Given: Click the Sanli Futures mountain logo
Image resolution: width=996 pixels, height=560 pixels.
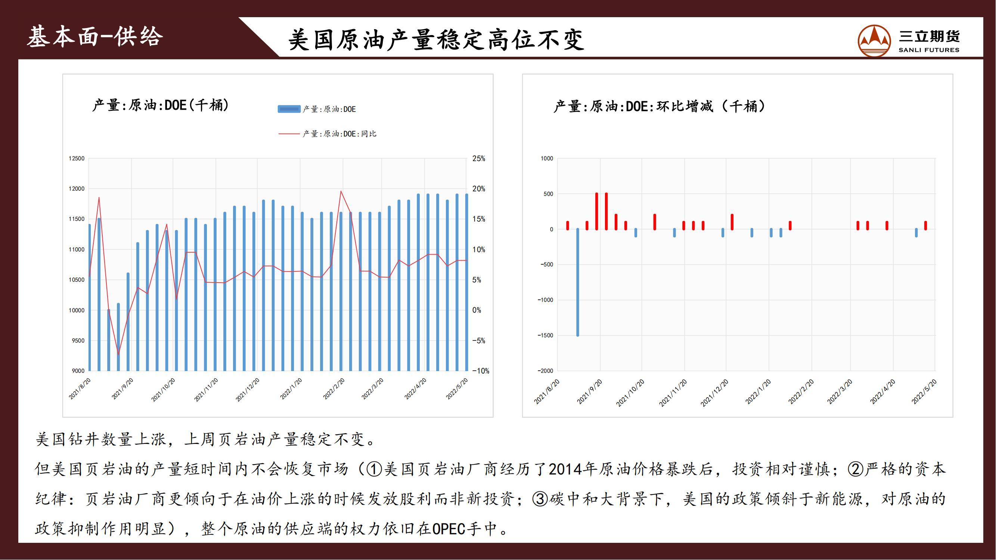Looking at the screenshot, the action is coord(874,41).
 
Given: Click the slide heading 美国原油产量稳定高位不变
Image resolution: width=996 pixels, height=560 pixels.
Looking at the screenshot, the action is coord(436,39).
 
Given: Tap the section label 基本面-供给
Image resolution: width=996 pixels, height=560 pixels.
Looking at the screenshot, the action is coord(95,37).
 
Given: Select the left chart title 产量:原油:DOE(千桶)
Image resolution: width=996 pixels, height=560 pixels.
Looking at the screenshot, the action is coord(161,105).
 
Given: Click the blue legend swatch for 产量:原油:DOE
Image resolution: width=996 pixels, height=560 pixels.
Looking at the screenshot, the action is coord(289,109).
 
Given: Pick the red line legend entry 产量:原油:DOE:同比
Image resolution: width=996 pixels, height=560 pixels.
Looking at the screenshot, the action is coord(327,134).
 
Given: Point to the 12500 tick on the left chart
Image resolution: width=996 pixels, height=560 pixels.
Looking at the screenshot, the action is coord(76,158).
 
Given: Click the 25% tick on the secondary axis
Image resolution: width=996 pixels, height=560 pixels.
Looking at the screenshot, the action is coord(479,158).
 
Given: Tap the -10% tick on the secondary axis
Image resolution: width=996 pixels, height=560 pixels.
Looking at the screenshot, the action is coord(481,371).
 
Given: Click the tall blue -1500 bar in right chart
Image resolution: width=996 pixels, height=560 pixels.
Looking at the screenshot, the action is coord(578,282).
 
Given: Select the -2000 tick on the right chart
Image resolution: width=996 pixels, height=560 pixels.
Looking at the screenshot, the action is coord(545,371).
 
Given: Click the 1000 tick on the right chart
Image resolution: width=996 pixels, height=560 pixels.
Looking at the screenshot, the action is coord(547,158).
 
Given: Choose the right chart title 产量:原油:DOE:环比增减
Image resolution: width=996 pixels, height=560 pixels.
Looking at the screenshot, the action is coord(659,106).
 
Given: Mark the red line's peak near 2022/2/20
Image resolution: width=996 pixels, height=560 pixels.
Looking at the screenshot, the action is coord(341,191).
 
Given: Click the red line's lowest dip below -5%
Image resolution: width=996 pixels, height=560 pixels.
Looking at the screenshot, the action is coord(118,354).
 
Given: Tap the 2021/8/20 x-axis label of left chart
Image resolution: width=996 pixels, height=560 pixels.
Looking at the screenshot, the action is coord(80,389).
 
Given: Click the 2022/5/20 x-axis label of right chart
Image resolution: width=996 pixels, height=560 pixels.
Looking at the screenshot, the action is coord(924,392).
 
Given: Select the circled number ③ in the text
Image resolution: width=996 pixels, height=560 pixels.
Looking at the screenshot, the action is coord(540,499).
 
